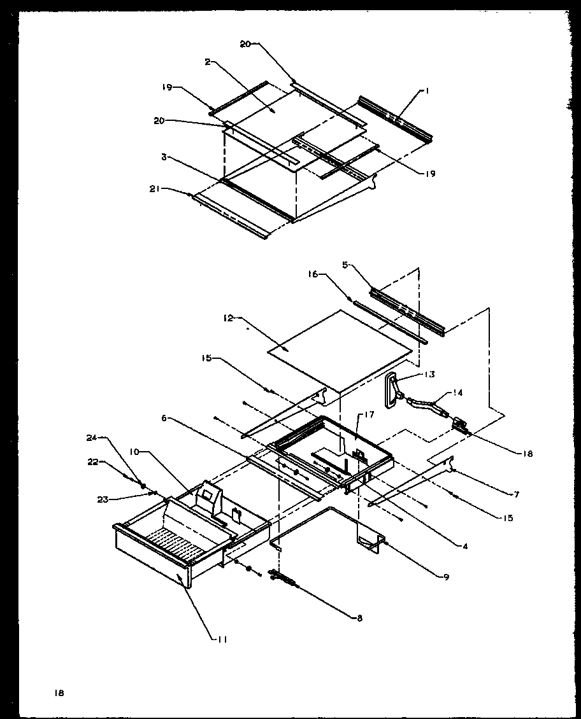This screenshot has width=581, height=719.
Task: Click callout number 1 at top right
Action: coord(427,92)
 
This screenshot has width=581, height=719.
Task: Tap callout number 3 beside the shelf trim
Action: coord(164,156)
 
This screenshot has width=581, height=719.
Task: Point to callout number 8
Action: coord(359,618)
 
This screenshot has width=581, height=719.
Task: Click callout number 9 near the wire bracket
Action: coord(447,576)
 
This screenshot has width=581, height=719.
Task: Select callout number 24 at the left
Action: coord(90,438)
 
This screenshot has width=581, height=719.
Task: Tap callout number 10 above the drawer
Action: coord(135,452)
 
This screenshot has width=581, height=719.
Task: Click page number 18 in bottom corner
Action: coord(59,692)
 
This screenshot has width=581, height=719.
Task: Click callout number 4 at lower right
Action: coord(466,545)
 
